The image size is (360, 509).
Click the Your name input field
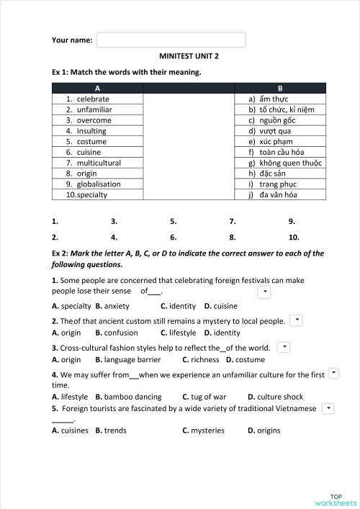tap(171, 40)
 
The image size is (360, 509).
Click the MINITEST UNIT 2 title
tap(189, 55)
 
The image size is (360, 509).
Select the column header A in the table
tap(97, 88)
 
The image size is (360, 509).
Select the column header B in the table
tap(280, 88)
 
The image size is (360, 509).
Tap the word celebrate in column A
tap(93, 99)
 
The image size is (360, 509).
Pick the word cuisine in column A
tap(89, 152)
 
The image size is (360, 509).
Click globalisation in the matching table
tap(99, 184)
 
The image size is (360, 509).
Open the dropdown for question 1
tap(264, 292)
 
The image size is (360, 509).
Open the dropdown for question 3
tap(284, 347)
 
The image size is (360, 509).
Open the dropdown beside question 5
tap(328, 408)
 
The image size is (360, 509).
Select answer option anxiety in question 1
tap(117, 306)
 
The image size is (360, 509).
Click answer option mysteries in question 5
tap(207, 431)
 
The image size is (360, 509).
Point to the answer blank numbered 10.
tap(294, 236)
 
